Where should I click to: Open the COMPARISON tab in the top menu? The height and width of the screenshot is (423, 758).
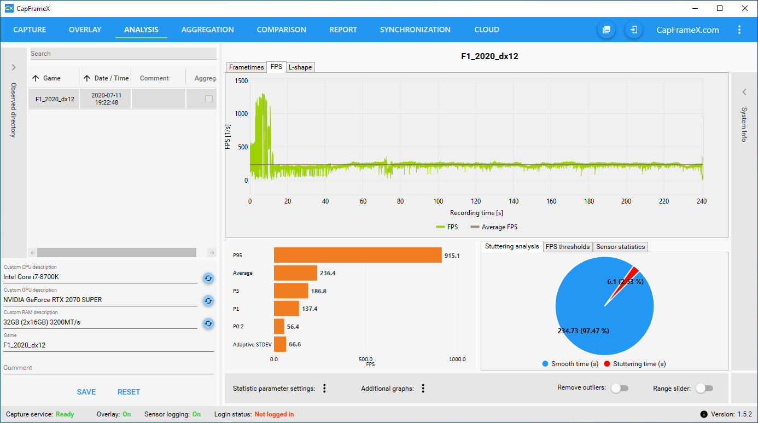[281, 30]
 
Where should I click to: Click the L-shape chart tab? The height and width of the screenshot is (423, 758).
[300, 67]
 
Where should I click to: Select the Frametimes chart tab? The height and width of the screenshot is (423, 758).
[246, 67]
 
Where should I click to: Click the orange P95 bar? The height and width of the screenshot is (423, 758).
[358, 255]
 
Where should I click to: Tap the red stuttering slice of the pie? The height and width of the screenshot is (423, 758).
[633, 272]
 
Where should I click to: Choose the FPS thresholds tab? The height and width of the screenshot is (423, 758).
[568, 247]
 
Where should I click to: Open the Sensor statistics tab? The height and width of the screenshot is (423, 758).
[620, 247]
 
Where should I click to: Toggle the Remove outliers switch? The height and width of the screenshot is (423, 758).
[620, 388]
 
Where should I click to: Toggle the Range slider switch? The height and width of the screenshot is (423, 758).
[704, 388]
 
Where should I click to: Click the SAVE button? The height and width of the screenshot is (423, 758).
[86, 392]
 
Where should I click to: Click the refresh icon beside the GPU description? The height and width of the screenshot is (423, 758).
[208, 300]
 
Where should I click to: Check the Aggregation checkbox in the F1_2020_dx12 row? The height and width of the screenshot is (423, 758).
[208, 99]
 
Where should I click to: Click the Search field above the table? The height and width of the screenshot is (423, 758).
[123, 54]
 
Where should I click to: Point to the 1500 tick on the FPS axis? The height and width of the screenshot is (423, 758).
[241, 81]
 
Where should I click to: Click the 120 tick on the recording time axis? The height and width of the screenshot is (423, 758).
[476, 201]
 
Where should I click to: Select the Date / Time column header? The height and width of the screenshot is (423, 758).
[111, 78]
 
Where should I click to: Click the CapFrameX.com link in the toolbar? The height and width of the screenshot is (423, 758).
[687, 30]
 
